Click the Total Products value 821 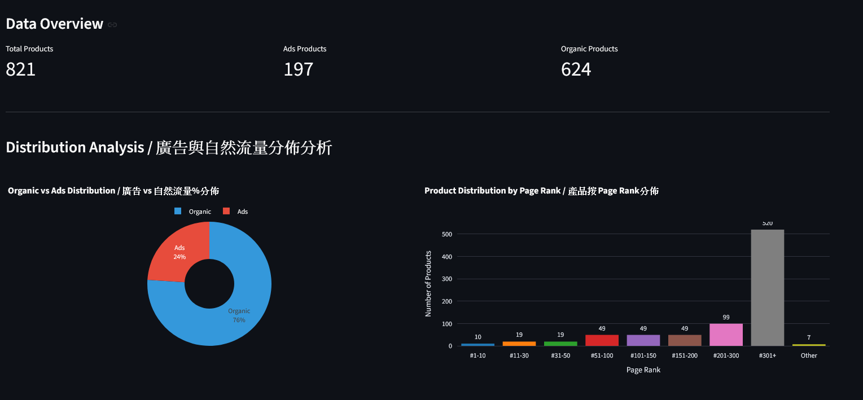point(21,69)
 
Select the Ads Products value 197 point(298,69)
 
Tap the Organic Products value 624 point(576,69)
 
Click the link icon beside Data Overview point(112,25)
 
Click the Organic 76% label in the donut point(239,315)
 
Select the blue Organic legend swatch point(178,212)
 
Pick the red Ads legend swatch point(226,212)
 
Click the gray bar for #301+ point(767,288)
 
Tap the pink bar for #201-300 point(726,335)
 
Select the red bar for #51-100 point(602,340)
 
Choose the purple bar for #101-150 point(643,340)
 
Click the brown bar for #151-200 point(685,340)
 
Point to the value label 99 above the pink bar point(726,317)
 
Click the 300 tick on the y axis point(446,279)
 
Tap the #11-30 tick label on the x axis point(519,355)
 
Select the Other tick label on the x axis point(809,355)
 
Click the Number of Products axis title point(428,283)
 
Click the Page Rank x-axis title point(643,370)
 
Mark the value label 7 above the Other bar point(809,337)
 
